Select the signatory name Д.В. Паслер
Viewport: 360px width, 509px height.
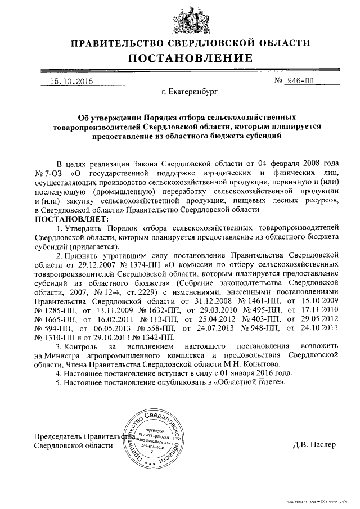click(314, 445)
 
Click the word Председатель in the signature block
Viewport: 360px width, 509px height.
click(58, 436)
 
